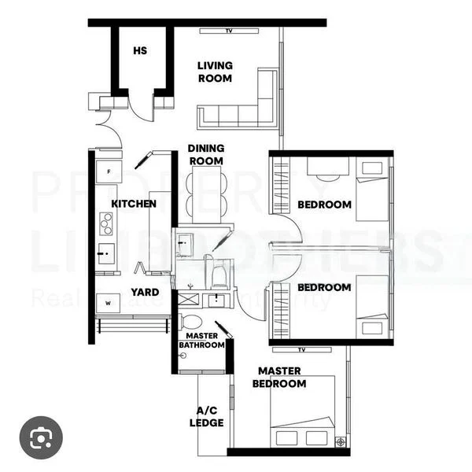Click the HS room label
coord(140,51)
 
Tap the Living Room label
coord(215,72)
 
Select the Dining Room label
coord(206,154)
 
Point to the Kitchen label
coord(134,204)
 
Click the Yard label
coord(145,292)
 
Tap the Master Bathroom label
coord(202,341)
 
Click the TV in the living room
coord(229,31)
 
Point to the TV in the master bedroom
coord(301,349)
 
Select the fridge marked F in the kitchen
coord(106,171)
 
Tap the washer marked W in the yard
coord(107,303)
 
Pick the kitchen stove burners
coord(105,223)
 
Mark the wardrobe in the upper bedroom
coord(281,185)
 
